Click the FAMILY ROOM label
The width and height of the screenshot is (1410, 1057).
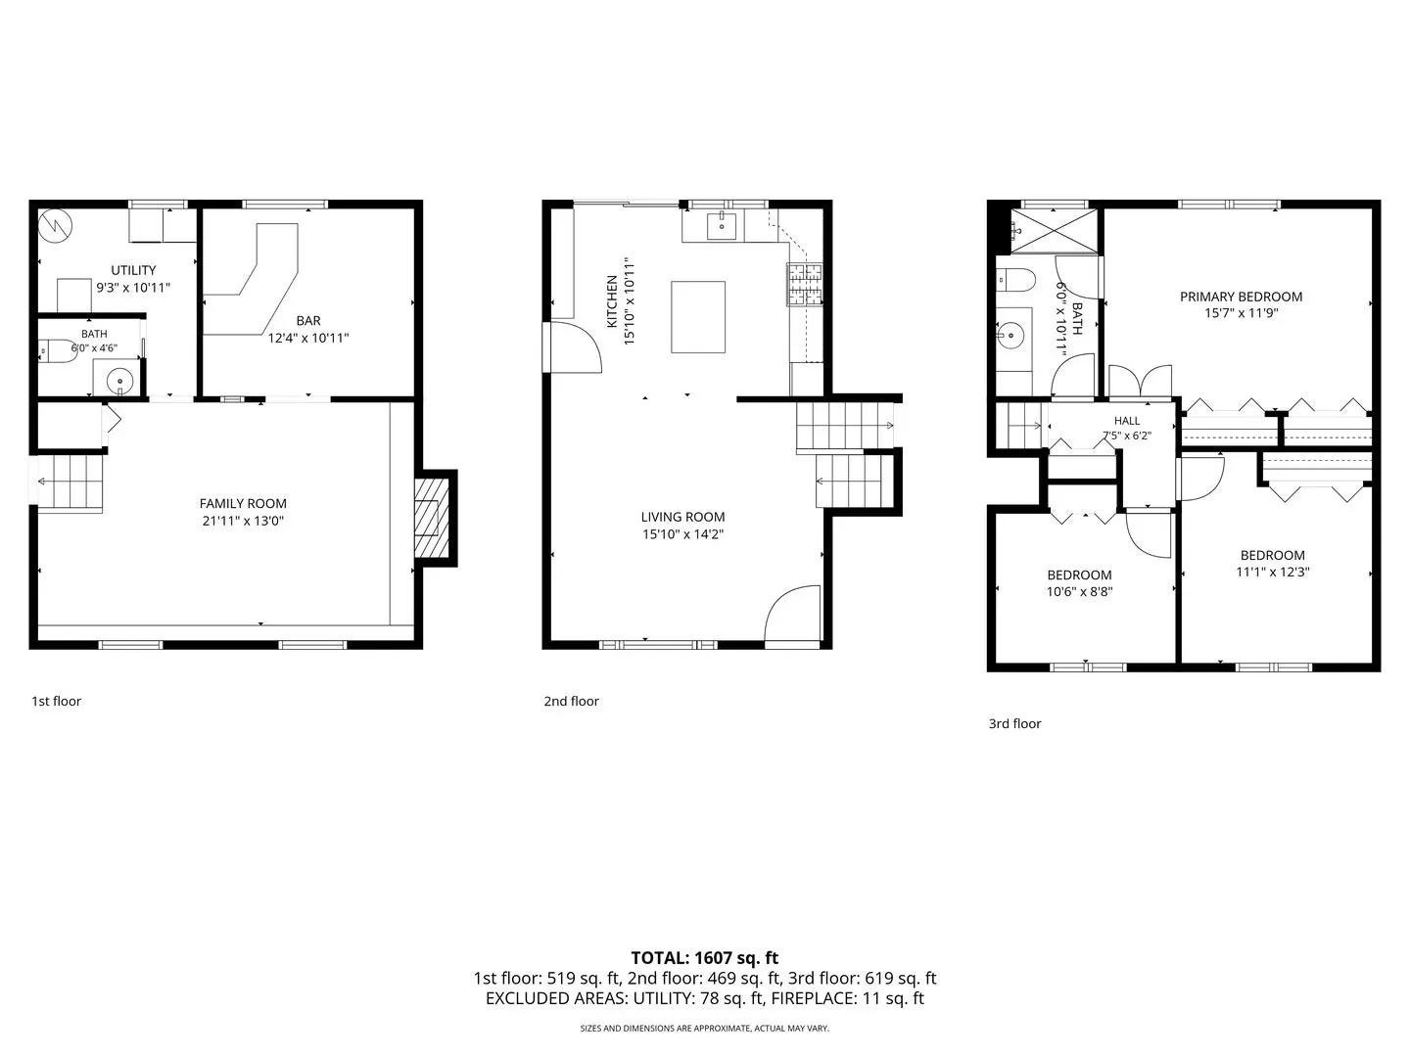pos(243,504)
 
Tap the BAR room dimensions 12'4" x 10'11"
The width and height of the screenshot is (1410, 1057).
pos(308,338)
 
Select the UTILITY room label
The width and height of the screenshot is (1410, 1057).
pos(133,270)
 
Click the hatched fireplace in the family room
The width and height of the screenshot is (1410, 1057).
pos(427,518)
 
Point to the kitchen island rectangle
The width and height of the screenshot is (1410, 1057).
pos(698,317)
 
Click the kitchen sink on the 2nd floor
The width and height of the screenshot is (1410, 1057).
pos(722,226)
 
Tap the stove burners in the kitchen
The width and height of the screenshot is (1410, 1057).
pos(805,284)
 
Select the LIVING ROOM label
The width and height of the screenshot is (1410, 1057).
pos(682,517)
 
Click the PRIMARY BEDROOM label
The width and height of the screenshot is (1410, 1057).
pos(1241,297)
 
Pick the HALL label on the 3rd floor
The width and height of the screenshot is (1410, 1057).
pos(1127,421)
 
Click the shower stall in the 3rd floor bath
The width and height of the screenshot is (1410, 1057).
pos(1055,231)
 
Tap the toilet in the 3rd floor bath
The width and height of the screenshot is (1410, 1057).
pos(1016,280)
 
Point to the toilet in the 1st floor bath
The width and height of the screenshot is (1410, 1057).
pos(58,351)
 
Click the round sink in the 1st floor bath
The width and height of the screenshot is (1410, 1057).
pos(120,382)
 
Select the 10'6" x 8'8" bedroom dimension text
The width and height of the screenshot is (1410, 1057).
pos(1079,592)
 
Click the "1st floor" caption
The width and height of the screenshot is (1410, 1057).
pos(57,701)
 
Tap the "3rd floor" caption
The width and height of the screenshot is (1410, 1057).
pos(1014,723)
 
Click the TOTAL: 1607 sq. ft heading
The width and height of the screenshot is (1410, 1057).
pos(705,958)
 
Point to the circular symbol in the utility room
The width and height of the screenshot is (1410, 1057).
pos(55,226)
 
